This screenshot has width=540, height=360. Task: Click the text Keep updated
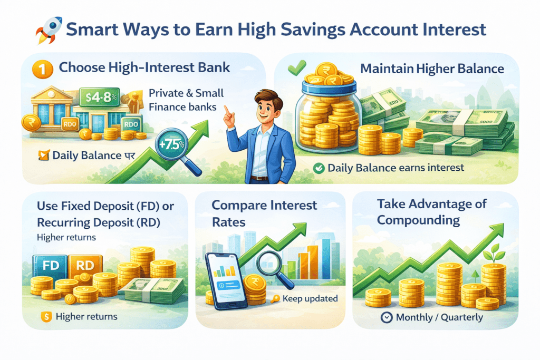click(310, 299)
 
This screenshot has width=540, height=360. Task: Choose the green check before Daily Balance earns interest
click(318, 168)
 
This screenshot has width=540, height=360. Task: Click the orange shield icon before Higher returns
click(45, 317)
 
